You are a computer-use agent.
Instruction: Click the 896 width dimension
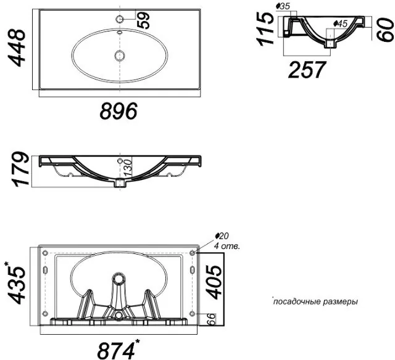118,111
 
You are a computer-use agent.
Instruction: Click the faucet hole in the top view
119,19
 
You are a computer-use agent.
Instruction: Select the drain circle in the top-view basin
120,55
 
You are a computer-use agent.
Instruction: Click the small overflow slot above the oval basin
120,33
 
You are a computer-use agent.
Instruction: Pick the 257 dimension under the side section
307,70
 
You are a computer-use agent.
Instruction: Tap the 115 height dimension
265,29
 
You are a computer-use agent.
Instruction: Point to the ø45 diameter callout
340,24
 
